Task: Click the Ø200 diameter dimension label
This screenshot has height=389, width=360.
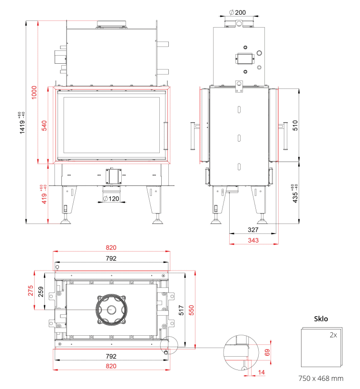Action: coord(237,12)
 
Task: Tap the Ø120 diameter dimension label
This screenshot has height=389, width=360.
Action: coord(111,198)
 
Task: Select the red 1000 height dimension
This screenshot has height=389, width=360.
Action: coord(34,92)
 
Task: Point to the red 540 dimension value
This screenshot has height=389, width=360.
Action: coord(44,126)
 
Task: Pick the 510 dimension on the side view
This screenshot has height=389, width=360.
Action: coord(295,125)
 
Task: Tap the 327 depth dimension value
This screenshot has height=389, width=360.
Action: coord(253,230)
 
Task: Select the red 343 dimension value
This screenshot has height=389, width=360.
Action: coord(253,240)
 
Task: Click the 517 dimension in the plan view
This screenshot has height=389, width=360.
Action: coord(181,310)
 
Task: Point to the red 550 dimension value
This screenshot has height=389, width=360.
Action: coord(192,310)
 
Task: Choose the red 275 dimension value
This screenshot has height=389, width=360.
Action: coord(30,291)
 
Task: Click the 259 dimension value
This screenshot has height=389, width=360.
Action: coord(41,292)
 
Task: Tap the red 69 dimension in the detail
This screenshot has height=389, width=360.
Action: coord(267,352)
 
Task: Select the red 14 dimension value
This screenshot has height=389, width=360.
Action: coord(261,372)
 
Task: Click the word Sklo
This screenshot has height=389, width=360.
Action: coord(321,319)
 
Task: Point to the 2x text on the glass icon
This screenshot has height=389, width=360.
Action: coord(333,335)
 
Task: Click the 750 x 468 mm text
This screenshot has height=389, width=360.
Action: coord(321,379)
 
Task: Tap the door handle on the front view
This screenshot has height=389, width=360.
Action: coord(165,136)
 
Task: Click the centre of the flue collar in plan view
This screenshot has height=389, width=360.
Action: coord(111,310)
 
